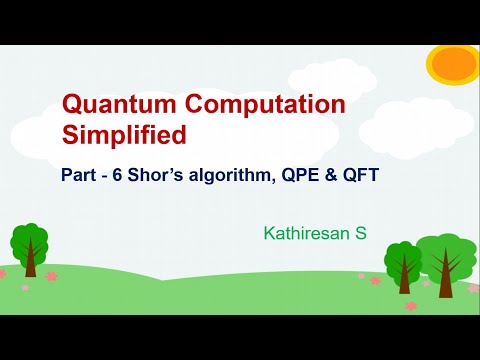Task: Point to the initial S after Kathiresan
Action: click(361, 234)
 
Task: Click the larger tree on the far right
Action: click(444, 257)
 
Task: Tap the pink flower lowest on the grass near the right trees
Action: click(410, 306)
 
